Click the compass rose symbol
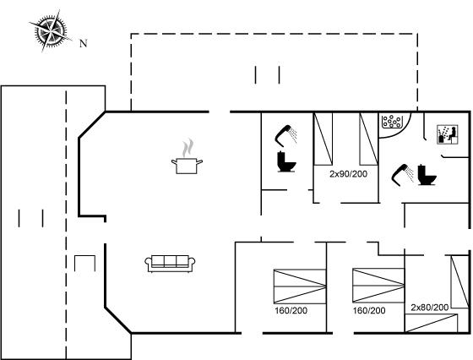(x=51, y=30)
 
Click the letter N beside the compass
(x=84, y=43)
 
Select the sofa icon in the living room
(x=170, y=264)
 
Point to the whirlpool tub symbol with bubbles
(x=392, y=122)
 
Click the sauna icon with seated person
(x=448, y=134)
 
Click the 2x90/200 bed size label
(x=348, y=174)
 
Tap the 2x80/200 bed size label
(x=430, y=308)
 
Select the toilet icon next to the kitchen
(x=286, y=161)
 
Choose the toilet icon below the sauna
(x=427, y=175)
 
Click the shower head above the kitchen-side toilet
(x=286, y=135)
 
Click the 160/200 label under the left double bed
(x=291, y=310)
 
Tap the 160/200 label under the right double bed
(x=369, y=310)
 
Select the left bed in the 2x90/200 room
(x=323, y=139)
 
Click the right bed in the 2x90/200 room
(x=368, y=139)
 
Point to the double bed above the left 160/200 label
(x=300, y=286)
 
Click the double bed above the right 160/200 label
(x=378, y=286)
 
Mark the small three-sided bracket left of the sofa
(x=84, y=263)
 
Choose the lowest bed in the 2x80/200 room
(x=431, y=323)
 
